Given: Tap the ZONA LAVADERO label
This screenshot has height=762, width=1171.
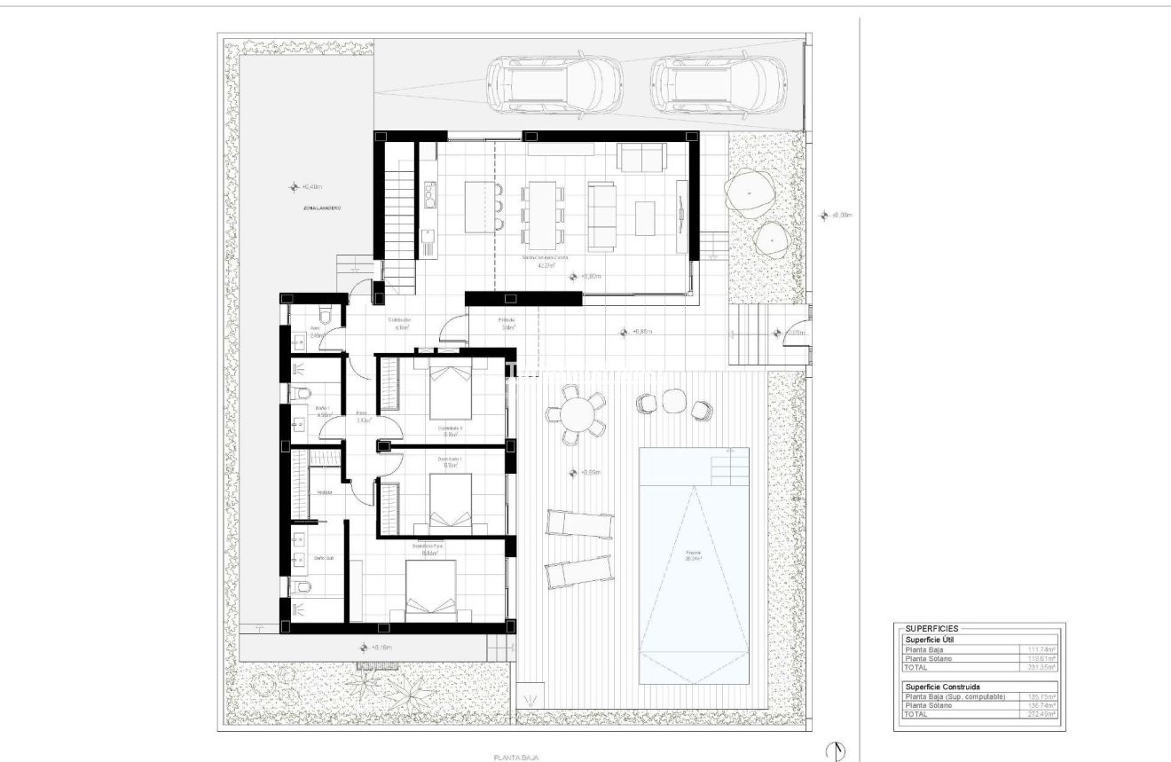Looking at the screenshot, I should pyautogui.click(x=322, y=208).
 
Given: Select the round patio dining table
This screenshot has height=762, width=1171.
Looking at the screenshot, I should pyautogui.click(x=577, y=414).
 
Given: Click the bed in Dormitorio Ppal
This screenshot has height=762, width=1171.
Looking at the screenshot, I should pyautogui.click(x=431, y=589).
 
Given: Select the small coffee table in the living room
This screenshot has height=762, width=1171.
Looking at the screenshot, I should pyautogui.click(x=645, y=217).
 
